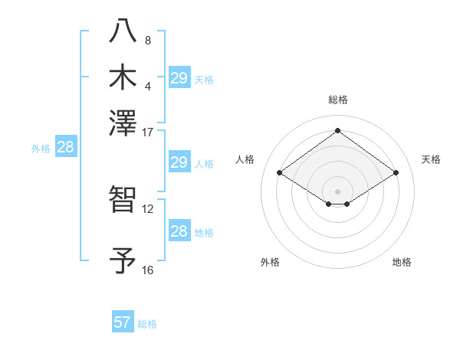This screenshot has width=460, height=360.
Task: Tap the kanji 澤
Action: coord(123,123)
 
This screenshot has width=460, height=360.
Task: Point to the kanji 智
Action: coord(123,199)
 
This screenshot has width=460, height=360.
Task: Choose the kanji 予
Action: coord(123,260)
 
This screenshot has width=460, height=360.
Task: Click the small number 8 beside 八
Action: coord(147,40)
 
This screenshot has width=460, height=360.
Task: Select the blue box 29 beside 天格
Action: coord(179,78)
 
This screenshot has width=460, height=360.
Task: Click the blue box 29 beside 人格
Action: coord(179,162)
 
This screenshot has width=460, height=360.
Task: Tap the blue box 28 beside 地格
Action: coord(179,231)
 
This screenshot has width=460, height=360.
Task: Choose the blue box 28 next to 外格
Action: coord(65,148)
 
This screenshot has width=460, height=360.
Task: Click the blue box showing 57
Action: coord(122,322)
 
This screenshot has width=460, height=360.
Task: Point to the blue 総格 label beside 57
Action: coord(147,324)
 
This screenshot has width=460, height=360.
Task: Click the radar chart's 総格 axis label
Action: coord(337,100)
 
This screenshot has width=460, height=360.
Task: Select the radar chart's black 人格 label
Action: coord(245,159)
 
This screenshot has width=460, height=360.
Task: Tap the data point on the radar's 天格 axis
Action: coord(396,173)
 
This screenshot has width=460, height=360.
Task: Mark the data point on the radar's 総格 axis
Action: coord(337,130)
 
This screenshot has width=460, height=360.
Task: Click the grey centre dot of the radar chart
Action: coord(337,191)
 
